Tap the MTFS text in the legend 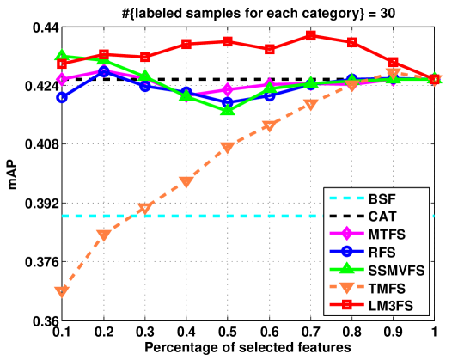click(387, 235)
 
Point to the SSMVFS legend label click(396, 270)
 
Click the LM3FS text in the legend click(391, 305)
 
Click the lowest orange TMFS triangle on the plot click(62, 292)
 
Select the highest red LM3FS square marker click(310, 36)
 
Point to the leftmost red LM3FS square click(62, 64)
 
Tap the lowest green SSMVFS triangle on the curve click(227, 109)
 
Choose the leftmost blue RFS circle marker click(62, 97)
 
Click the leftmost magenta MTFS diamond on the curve click(62, 79)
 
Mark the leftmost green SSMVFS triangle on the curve click(62, 55)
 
